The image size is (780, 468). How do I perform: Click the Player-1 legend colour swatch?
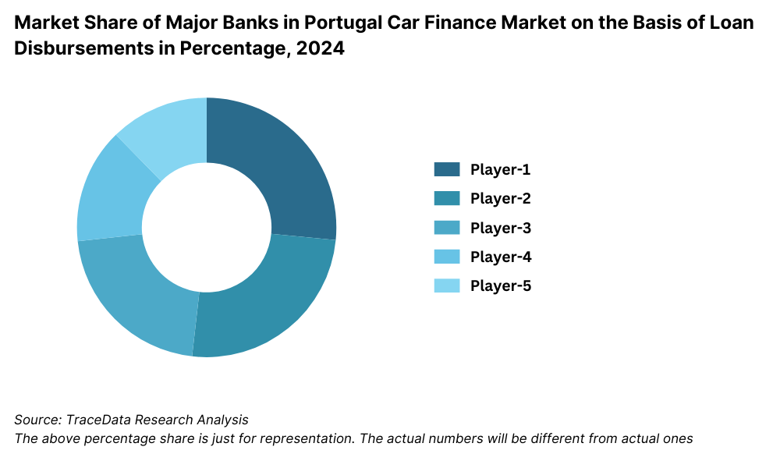pos(447,169)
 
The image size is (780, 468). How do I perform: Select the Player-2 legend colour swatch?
pos(447,198)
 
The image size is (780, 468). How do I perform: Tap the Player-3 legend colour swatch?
pos(447,228)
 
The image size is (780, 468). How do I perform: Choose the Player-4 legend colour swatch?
pos(447,257)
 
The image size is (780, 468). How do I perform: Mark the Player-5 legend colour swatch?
pos(447,285)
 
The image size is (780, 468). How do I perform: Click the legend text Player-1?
pos(500,169)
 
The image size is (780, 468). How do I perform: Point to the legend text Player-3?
pos(500,228)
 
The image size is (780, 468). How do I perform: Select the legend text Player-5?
pos(500,285)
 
